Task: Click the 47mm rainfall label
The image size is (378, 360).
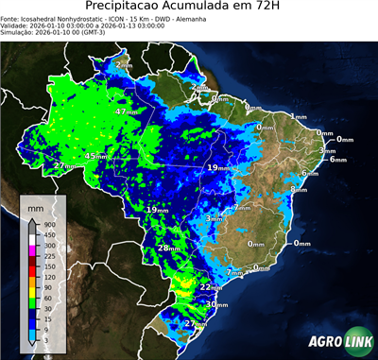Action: coord(127,111)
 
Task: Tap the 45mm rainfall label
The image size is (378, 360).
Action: coord(95,156)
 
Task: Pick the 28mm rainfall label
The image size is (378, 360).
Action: coord(168,248)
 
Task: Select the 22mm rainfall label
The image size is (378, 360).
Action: coord(212,286)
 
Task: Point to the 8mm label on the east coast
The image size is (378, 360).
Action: coord(299,189)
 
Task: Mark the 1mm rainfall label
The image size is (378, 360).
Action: coord(299,116)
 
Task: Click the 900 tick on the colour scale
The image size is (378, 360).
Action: coord(46,223)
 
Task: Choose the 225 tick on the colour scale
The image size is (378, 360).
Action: coord(46,255)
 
